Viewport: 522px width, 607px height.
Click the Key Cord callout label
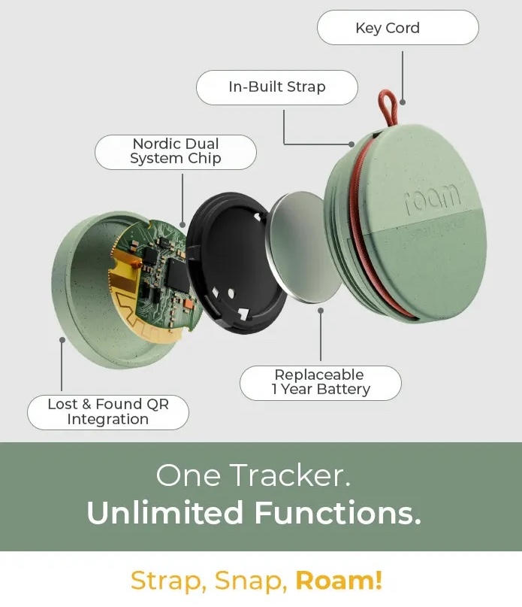(397, 28)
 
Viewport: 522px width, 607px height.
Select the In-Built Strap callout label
(276, 87)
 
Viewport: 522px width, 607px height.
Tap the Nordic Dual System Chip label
(175, 151)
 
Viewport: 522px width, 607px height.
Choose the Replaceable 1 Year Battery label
(320, 382)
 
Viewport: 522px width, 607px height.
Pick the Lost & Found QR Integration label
(107, 412)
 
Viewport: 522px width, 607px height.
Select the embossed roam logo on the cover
(433, 197)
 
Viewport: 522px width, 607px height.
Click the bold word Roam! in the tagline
(339, 580)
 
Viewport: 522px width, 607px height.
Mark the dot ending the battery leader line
(321, 309)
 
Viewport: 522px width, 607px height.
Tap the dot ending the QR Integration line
(62, 339)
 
